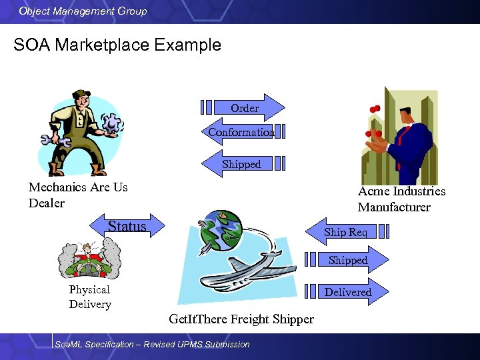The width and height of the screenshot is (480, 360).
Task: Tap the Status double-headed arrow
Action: tap(127, 226)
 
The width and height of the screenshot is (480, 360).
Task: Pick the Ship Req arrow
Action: tap(345, 232)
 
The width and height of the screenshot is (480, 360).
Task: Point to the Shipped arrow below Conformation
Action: tap(241, 164)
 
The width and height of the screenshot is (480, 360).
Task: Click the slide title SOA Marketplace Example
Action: tap(117, 45)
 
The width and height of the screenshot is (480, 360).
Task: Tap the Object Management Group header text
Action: tap(83, 11)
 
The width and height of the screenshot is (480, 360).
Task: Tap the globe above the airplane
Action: tap(223, 231)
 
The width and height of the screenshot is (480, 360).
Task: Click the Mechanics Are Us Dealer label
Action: tap(77, 195)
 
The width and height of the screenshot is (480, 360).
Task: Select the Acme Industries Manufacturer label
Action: tap(401, 199)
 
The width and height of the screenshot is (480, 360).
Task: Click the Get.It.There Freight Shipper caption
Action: tap(241, 319)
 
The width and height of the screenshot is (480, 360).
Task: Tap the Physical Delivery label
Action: tap(90, 297)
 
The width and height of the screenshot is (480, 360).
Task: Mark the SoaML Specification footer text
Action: tap(152, 345)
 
